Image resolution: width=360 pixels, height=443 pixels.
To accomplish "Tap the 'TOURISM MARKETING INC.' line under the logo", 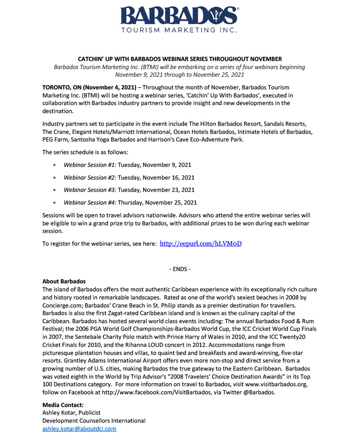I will pyautogui.click(x=179, y=30).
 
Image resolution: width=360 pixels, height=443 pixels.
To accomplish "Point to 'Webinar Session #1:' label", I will pyautogui.click(x=90, y=165).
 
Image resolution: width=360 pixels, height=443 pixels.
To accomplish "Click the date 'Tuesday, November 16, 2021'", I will pyautogui.click(x=156, y=177).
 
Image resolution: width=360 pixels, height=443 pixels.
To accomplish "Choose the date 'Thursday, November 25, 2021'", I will pyautogui.click(x=158, y=203).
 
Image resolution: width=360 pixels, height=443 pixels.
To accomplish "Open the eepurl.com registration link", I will pyautogui.click(x=201, y=244).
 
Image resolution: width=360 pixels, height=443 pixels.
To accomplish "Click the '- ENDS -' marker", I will pyautogui.click(x=180, y=269).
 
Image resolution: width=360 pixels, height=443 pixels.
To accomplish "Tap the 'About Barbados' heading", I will pyautogui.click(x=64, y=281).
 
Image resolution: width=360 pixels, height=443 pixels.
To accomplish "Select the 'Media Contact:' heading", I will pyautogui.click(x=63, y=405).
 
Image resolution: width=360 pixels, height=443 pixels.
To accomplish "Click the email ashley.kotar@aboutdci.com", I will pyautogui.click(x=79, y=429).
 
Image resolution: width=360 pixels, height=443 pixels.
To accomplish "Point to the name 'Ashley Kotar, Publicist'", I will pyautogui.click(x=72, y=413).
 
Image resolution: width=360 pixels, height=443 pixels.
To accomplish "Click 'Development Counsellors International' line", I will pyautogui.click(x=94, y=421).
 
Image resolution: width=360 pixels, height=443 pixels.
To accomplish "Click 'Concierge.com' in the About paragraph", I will pyautogui.click(x=62, y=305).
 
